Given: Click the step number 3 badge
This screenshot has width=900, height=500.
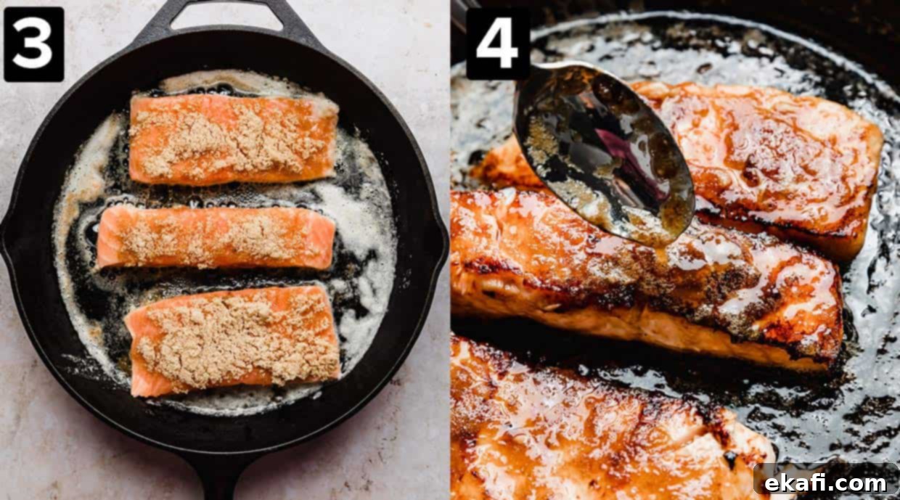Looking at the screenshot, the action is (33, 44).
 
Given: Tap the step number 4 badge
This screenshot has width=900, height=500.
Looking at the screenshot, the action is (497, 44).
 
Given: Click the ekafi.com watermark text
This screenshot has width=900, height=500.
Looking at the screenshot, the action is (826, 483).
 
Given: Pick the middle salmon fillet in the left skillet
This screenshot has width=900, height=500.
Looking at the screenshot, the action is (217, 238).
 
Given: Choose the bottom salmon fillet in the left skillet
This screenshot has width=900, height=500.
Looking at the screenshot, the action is (233, 340).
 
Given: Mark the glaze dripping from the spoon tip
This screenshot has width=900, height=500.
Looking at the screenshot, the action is (663, 247).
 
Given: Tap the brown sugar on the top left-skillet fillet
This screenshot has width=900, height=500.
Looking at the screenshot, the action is (229, 141).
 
